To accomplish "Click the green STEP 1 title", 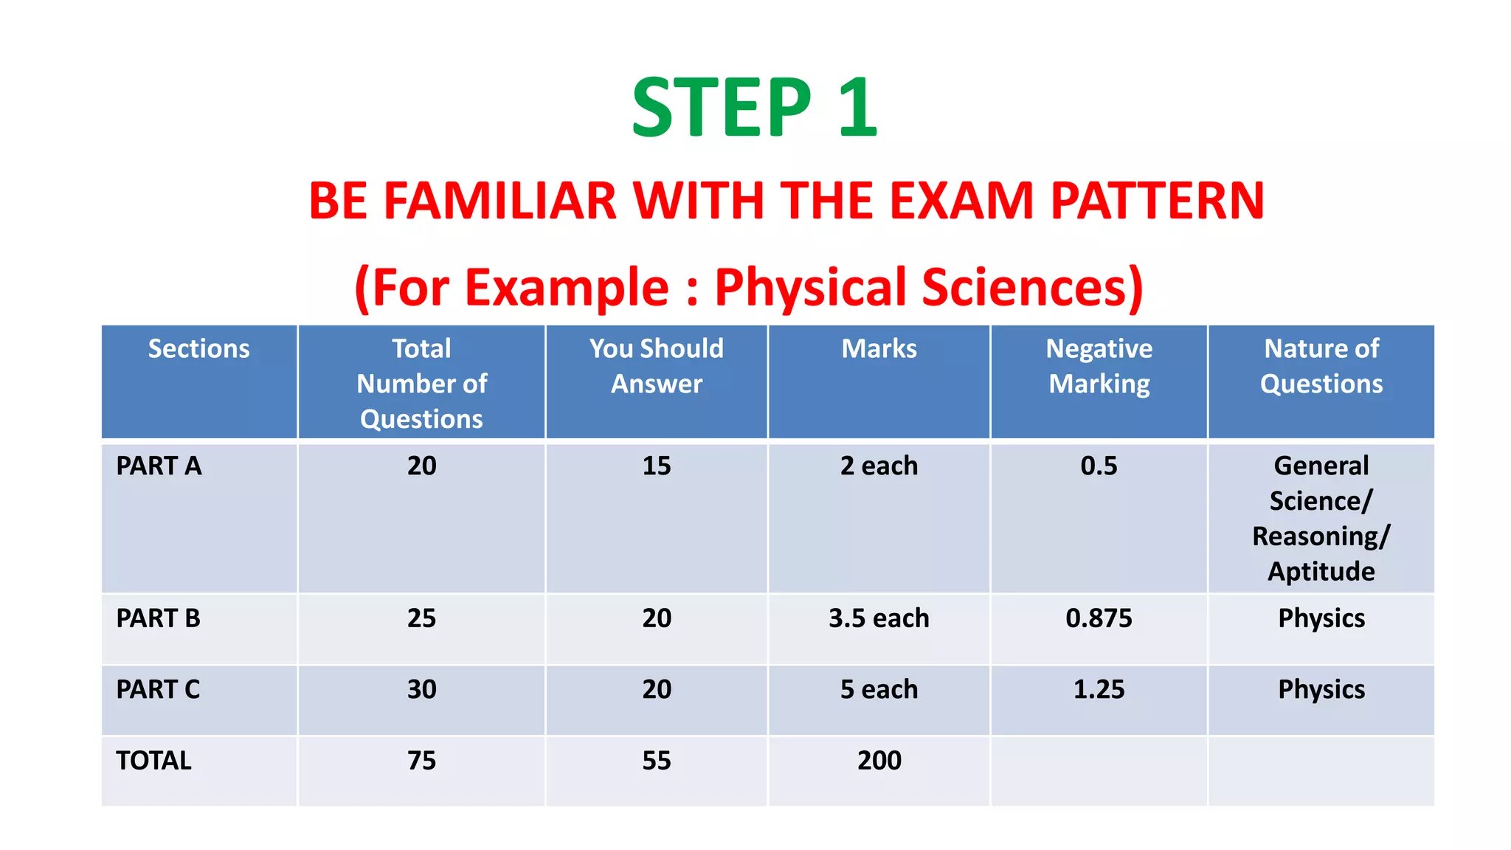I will coord(754,108).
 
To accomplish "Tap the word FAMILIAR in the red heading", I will coord(499,201).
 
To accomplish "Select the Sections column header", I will coord(198,348).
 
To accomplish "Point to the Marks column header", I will coord(879,348).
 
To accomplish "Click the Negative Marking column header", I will coord(1099,366).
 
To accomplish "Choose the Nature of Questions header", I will coord(1321,366).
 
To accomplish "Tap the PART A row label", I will coord(159,466).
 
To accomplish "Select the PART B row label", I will coord(158,618).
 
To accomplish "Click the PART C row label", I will coord(158,689).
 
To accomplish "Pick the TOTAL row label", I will coord(153,760).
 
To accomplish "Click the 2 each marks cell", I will coord(879,466).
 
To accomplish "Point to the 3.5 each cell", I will coord(879,618).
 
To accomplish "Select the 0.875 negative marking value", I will coord(1099,618).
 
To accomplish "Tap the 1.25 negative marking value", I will coord(1099,689).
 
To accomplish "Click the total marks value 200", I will coord(879,760).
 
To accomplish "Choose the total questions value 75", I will coord(421,760).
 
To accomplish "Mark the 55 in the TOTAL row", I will coord(656,760).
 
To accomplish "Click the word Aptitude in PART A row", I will coord(1321,571).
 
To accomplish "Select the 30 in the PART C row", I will coord(421,689).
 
